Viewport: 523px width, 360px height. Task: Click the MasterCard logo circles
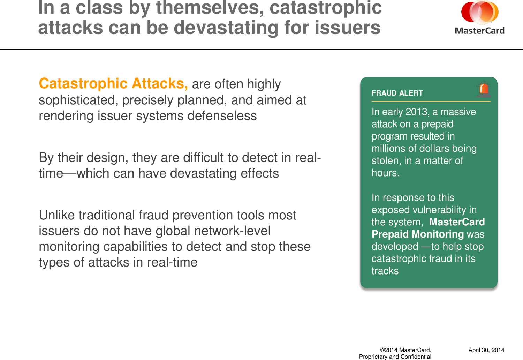(x=480, y=12)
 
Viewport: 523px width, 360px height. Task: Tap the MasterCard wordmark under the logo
(x=480, y=31)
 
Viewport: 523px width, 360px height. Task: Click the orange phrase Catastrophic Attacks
(x=113, y=84)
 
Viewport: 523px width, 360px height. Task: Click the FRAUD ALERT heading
(x=397, y=93)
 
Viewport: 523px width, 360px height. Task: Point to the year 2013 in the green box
(x=417, y=112)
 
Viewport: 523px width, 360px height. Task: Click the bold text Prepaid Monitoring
(x=418, y=234)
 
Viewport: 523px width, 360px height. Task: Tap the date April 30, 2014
(x=486, y=350)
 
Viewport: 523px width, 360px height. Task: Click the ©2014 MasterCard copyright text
(x=405, y=350)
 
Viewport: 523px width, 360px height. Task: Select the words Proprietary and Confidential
(x=395, y=357)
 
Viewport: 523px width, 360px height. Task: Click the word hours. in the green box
(x=385, y=173)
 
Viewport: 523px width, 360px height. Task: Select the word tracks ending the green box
(x=385, y=271)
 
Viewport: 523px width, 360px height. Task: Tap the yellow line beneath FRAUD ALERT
(x=431, y=102)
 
